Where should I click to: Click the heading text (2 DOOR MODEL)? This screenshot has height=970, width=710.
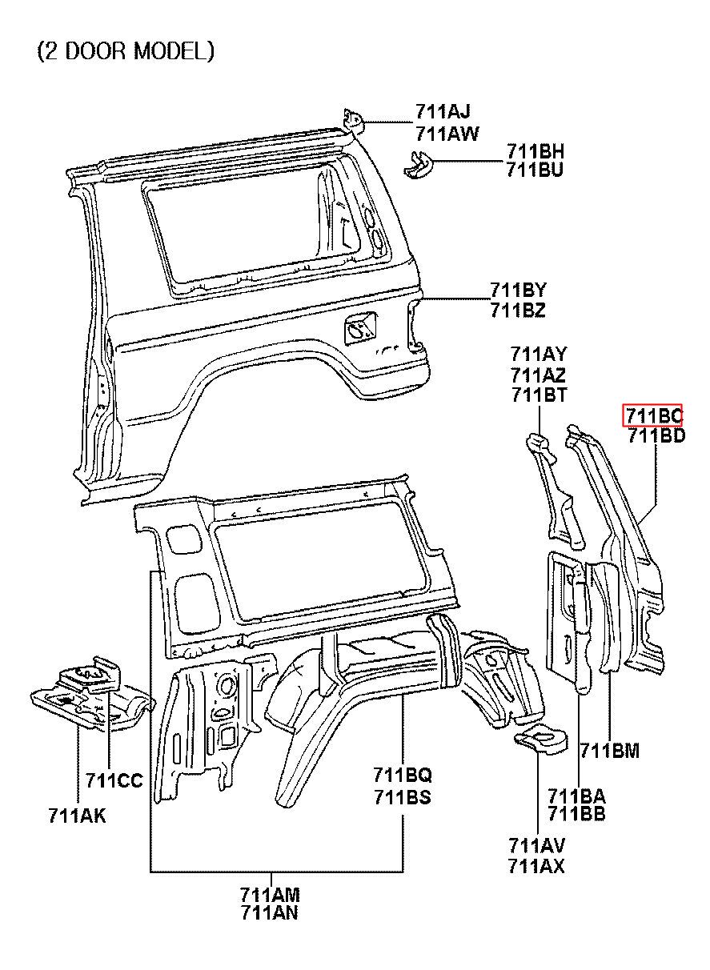pyautogui.click(x=126, y=51)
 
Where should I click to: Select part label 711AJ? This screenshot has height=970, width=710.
pyautogui.click(x=443, y=112)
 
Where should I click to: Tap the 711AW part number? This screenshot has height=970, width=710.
pyautogui.click(x=447, y=134)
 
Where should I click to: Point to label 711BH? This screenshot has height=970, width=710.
pyautogui.click(x=536, y=151)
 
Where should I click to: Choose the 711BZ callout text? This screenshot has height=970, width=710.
pyautogui.click(x=518, y=310)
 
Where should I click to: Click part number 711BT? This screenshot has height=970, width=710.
pyautogui.click(x=539, y=395)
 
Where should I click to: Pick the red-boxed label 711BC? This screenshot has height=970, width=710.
pyautogui.click(x=652, y=415)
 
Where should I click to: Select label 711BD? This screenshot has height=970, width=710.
pyautogui.click(x=656, y=435)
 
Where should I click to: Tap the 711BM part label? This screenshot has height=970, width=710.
pyautogui.click(x=609, y=751)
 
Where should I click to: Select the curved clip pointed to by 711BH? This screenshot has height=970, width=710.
pyautogui.click(x=418, y=164)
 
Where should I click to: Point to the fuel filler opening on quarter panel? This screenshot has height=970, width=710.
pyautogui.click(x=359, y=328)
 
